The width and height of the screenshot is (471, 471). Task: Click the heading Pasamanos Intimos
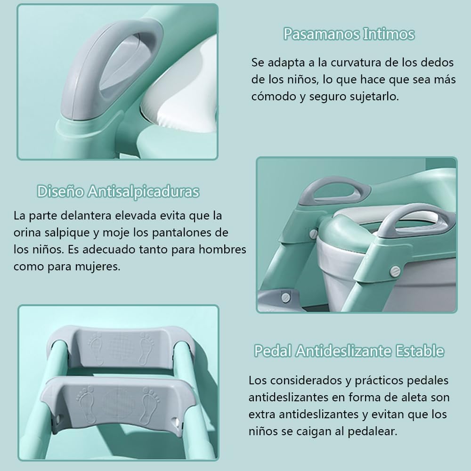pyautogui.click(x=349, y=34)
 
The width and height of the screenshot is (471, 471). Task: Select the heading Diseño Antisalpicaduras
pyautogui.click(x=118, y=191)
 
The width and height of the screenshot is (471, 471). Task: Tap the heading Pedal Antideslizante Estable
pyautogui.click(x=349, y=350)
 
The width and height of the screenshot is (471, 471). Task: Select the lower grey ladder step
pyautogui.click(x=116, y=404)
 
